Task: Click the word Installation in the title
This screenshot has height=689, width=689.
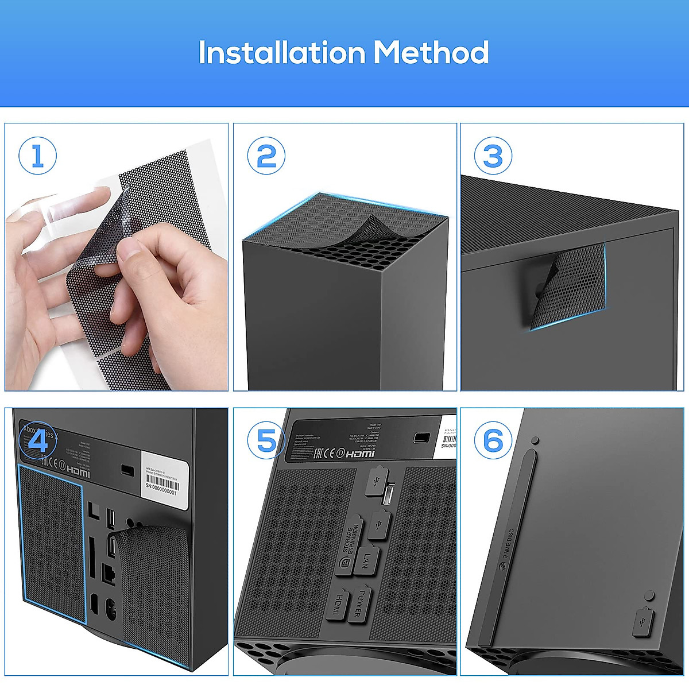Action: coord(281,53)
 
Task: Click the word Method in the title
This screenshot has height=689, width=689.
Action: coord(431,53)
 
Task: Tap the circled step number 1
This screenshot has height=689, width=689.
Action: coord(38,156)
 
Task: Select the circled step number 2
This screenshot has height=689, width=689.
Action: coord(266,156)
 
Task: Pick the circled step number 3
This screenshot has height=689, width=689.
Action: coord(493,156)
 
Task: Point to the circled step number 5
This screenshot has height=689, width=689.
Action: coord(266,441)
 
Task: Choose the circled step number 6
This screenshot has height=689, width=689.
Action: coord(493,441)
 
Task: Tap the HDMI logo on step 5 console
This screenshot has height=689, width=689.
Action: coord(360,454)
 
